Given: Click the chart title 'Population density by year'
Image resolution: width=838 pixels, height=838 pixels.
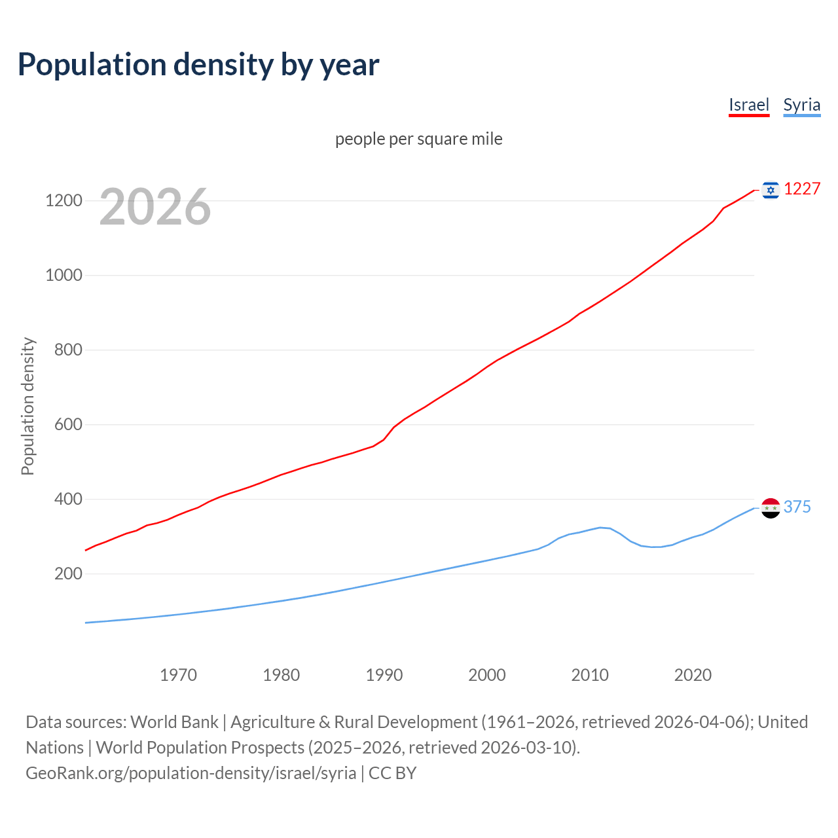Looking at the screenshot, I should pos(198,65).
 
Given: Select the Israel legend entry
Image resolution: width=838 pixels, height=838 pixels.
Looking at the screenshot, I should pos(749,105).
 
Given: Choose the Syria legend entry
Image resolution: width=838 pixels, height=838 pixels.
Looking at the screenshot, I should pos(801,105).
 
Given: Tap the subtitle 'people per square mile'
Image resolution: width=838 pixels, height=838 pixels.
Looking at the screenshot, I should pos(418,139).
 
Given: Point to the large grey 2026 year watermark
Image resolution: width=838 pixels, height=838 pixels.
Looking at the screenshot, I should pos(155,207).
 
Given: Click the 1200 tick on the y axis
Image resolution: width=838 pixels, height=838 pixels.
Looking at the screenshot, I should pos(64,200).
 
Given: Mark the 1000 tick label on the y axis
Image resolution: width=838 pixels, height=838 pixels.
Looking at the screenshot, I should pos(64,275).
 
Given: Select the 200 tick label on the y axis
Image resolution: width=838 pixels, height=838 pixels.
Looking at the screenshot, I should pos(68,574).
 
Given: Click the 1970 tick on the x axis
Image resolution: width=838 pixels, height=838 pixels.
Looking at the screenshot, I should pos(178,675).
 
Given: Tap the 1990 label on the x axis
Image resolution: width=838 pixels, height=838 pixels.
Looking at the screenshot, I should pos(384,675).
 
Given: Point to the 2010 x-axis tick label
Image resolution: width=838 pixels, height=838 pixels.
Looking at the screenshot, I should pos(590,675).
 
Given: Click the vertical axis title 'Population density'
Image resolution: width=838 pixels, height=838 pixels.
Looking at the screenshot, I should pos(27,406).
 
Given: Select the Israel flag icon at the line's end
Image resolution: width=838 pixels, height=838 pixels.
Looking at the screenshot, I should pos(771,190).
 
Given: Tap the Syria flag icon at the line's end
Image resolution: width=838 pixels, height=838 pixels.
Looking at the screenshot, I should pos(771,507).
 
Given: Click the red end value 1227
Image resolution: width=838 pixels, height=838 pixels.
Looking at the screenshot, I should pos(802,189).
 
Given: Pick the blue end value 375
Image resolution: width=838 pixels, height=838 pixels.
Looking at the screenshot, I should pos(797,507).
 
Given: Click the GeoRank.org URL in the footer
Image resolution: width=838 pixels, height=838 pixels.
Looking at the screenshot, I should pos(191,773).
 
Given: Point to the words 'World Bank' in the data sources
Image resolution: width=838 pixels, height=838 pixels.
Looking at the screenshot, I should pos(174,722).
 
